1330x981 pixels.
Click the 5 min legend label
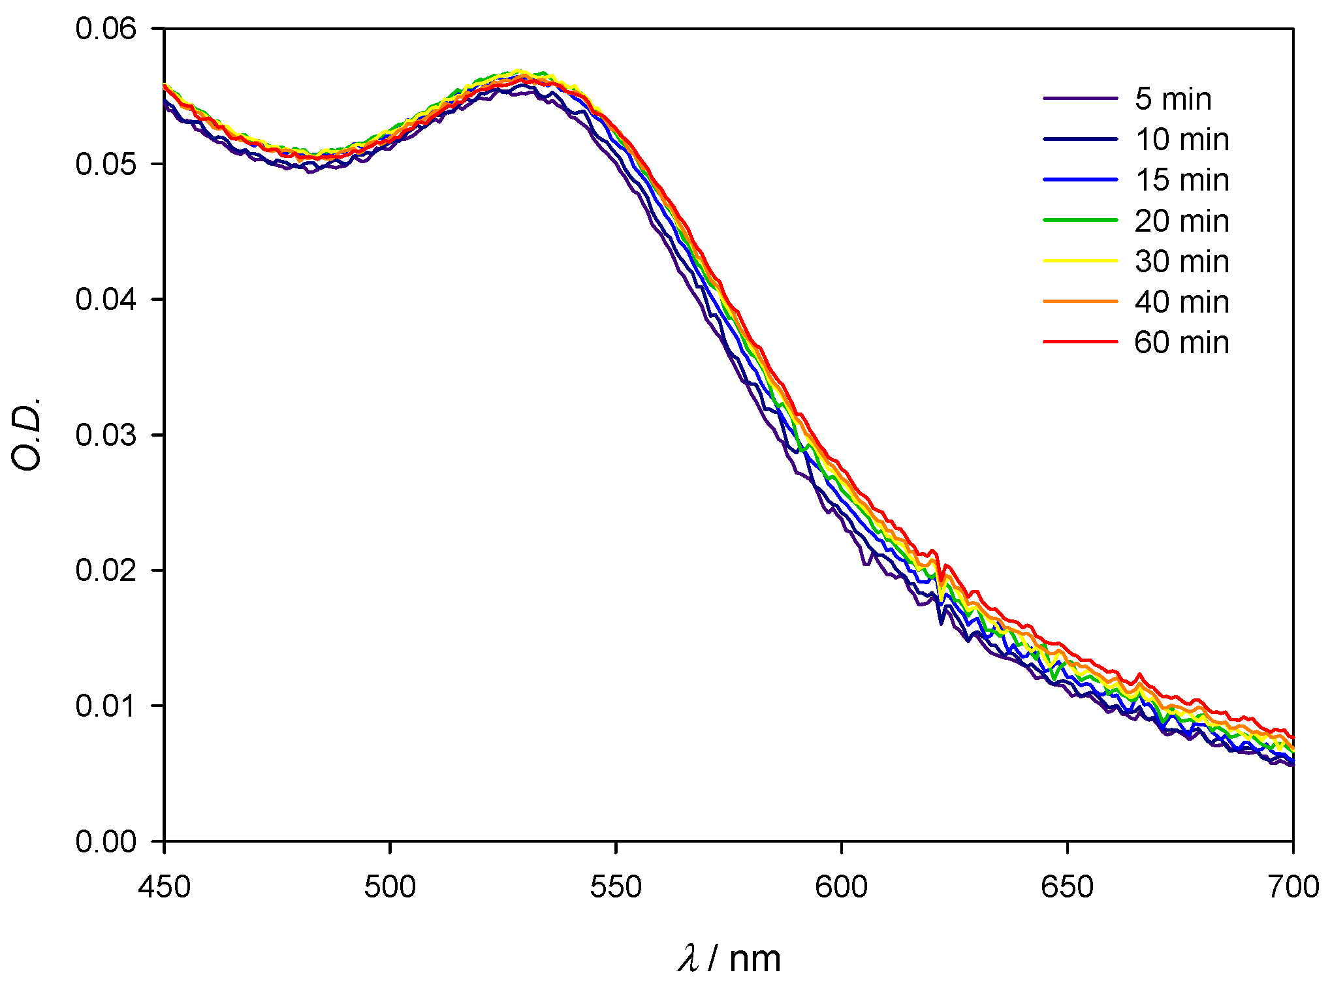pyautogui.click(x=1173, y=99)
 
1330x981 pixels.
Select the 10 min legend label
pyautogui.click(x=1182, y=140)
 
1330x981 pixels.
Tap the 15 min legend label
pyautogui.click(x=1182, y=180)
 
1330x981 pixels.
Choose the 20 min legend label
pyautogui.click(x=1182, y=221)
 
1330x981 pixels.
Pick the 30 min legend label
pyautogui.click(x=1182, y=262)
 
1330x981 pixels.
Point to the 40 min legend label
pyautogui.click(x=1182, y=302)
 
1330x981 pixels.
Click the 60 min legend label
pyautogui.click(x=1182, y=343)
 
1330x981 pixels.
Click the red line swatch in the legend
pyautogui.click(x=1081, y=342)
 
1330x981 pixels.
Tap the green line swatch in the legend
pyautogui.click(x=1081, y=221)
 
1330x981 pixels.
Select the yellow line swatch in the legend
pyautogui.click(x=1081, y=261)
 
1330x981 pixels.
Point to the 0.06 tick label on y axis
pyautogui.click(x=106, y=29)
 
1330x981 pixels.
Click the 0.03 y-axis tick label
pyautogui.click(x=106, y=435)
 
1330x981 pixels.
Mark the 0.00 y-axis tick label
pyautogui.click(x=106, y=842)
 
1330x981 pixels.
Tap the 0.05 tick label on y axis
pyautogui.click(x=106, y=164)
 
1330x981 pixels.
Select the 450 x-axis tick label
pyautogui.click(x=165, y=887)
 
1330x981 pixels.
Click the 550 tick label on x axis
pyautogui.click(x=616, y=887)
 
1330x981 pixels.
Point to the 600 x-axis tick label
pyautogui.click(x=842, y=887)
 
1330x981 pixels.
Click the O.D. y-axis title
pyautogui.click(x=27, y=434)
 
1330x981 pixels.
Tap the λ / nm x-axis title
pyautogui.click(x=729, y=958)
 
